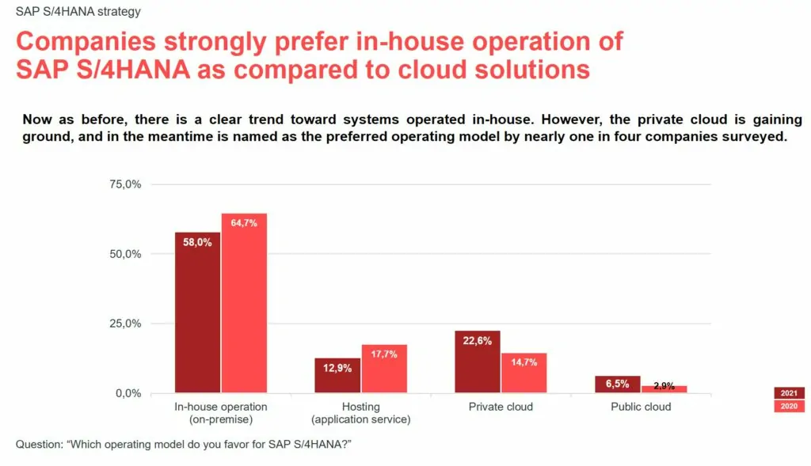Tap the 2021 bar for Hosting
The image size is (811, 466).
337,375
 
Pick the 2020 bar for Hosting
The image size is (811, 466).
384,369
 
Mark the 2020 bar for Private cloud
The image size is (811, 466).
524,373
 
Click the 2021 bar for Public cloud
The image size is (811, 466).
618,384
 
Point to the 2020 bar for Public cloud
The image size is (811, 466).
664,388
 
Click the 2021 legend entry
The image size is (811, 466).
789,393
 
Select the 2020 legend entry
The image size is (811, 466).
789,407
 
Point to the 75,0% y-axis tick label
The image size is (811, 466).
124,184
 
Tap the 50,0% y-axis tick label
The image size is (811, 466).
124,254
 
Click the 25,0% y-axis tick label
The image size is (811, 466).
124,324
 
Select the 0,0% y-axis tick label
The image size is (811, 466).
128,393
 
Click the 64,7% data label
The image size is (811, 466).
244,223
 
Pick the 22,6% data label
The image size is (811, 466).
478,341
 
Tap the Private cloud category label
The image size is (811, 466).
501,407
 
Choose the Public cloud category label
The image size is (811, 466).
641,407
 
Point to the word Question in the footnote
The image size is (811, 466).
40,445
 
